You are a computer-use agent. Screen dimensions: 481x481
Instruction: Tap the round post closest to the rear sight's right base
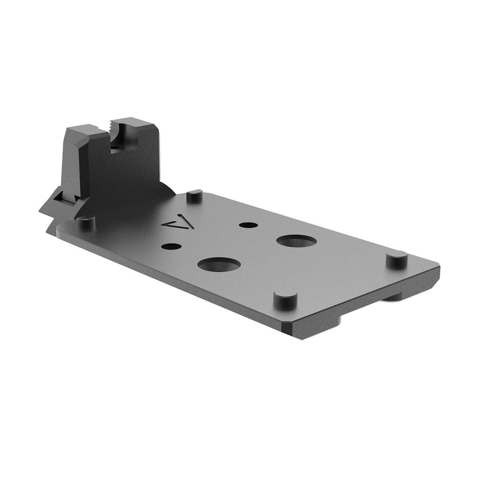tap(194, 195)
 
